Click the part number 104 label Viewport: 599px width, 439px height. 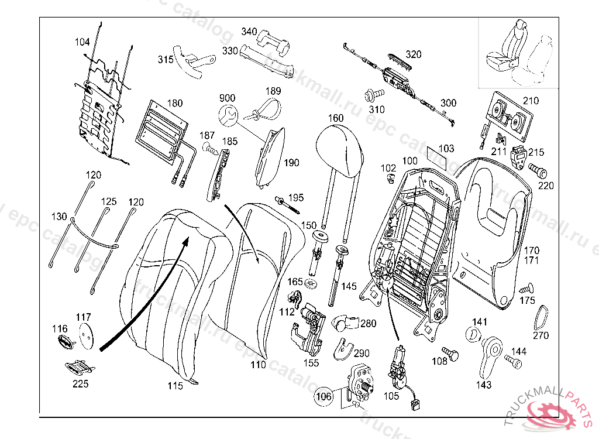click(82, 42)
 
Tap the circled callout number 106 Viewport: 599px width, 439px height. click(323, 397)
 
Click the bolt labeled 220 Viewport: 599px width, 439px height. click(539, 171)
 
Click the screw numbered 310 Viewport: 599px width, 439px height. click(372, 94)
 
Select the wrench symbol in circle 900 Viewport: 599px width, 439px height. click(228, 115)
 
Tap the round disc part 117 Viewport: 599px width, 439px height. click(86, 336)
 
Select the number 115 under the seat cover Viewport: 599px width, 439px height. click(175, 386)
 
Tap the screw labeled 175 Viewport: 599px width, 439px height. click(527, 289)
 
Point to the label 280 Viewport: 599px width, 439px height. click(369, 324)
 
